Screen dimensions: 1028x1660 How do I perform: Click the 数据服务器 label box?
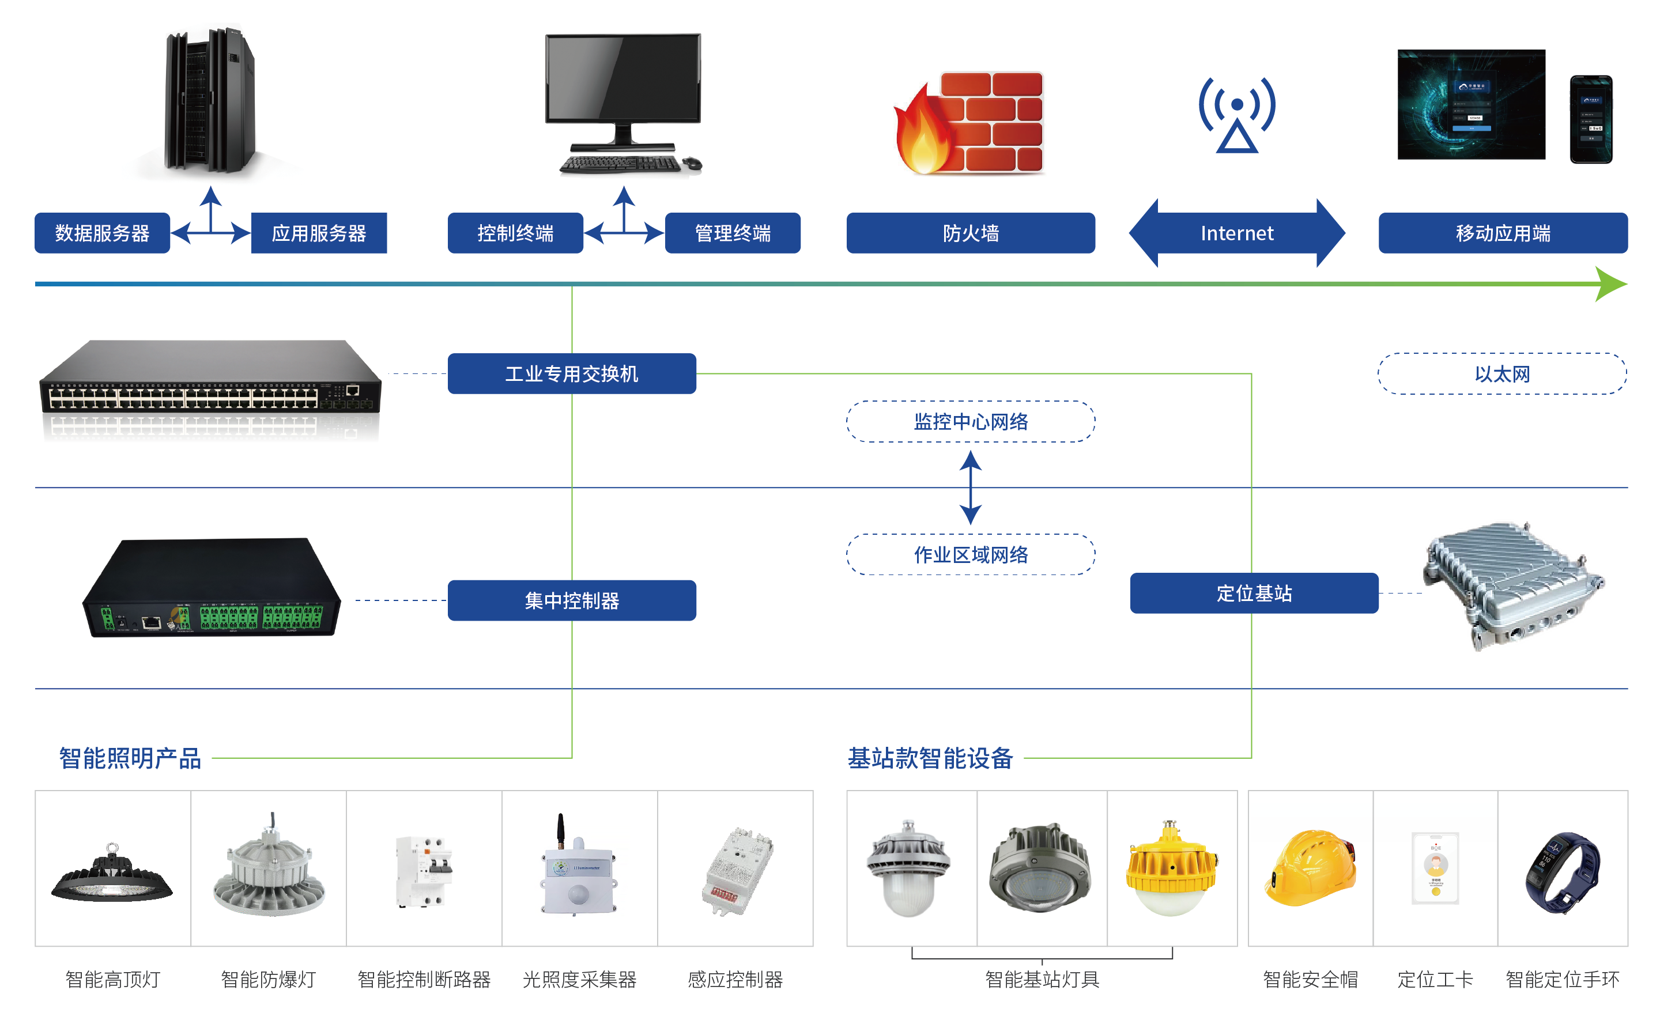point(102,233)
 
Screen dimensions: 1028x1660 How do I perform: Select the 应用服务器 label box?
point(319,233)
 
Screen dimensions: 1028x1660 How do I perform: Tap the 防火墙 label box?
point(971,233)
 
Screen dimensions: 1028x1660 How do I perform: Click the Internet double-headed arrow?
point(1236,233)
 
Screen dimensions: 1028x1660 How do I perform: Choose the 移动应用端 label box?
point(1503,233)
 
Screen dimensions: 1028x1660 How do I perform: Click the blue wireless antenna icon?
point(1237,114)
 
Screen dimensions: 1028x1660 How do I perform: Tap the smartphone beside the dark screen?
point(1591,120)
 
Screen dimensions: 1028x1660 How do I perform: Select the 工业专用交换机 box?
point(572,373)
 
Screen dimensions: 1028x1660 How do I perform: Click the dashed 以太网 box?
point(1501,373)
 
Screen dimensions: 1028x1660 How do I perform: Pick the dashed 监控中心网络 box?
point(971,422)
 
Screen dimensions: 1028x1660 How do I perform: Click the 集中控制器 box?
point(572,600)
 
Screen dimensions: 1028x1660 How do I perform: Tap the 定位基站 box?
point(1254,593)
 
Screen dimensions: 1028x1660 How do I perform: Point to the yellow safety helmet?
point(1310,868)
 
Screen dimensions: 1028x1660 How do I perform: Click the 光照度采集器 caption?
point(579,979)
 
